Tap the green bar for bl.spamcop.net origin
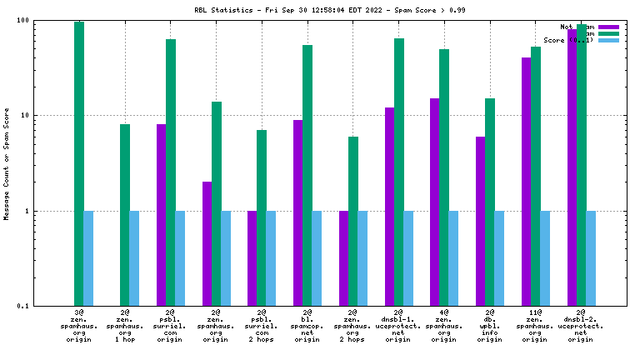307,175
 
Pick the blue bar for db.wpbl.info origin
499,258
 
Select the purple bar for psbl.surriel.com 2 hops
252,258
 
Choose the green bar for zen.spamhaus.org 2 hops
353,221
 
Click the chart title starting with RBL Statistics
319,9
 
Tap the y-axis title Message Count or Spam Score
7,163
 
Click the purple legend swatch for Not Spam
609,27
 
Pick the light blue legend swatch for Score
609,40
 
